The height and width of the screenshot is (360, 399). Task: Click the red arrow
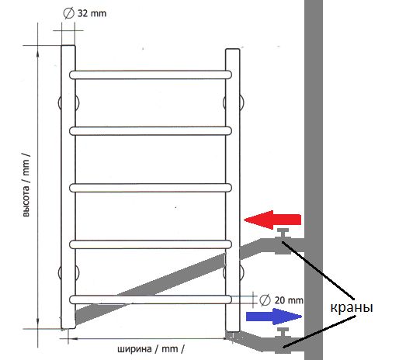click(x=272, y=220)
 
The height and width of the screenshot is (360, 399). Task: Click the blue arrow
click(x=274, y=317)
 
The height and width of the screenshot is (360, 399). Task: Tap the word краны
click(x=352, y=308)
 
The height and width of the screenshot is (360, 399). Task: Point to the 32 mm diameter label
click(x=85, y=13)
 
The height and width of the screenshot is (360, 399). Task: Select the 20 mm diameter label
click(x=281, y=300)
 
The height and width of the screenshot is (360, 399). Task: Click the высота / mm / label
click(x=26, y=184)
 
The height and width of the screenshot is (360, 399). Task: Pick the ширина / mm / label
click(x=151, y=349)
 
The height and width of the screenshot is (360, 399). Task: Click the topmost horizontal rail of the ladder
click(x=151, y=74)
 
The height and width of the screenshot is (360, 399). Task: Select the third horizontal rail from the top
click(x=151, y=188)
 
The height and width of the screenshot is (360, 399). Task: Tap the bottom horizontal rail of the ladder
click(x=151, y=299)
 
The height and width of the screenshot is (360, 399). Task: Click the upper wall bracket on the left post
click(x=68, y=103)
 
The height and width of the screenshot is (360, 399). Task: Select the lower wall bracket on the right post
click(x=233, y=272)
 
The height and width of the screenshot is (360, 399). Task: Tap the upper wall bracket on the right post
click(x=233, y=102)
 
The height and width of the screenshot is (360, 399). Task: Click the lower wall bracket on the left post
click(x=68, y=272)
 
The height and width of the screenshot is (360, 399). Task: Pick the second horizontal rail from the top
click(x=151, y=131)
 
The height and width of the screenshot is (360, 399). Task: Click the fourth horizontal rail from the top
click(x=151, y=244)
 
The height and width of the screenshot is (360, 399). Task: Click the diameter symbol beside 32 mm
click(x=68, y=13)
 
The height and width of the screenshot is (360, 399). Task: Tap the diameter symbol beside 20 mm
click(x=265, y=300)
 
